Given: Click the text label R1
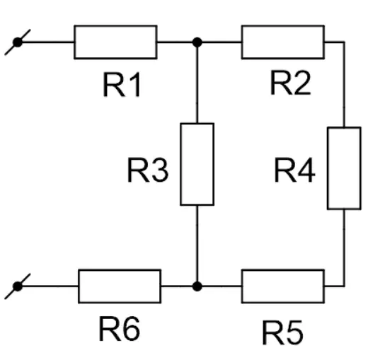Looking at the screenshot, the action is click(122, 85).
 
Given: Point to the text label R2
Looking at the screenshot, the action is click(290, 83).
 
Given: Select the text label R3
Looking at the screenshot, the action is click(148, 170).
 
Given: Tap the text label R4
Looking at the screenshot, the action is click(295, 170).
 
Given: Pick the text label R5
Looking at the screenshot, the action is click(283, 332).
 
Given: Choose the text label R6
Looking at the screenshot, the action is click(120, 328).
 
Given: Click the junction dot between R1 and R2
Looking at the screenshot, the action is click(197, 42).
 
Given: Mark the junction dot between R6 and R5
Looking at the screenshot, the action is click(197, 286).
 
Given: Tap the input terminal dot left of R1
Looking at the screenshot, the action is click(18, 42).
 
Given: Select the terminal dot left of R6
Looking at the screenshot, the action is click(18, 286).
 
